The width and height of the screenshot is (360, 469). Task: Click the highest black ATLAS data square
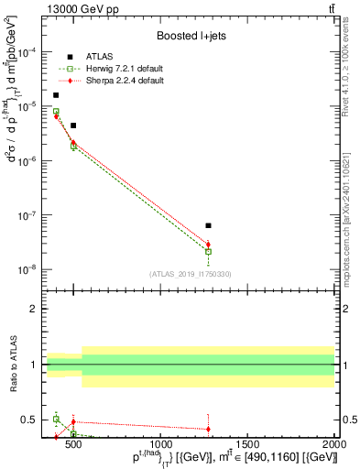(x=56, y=95)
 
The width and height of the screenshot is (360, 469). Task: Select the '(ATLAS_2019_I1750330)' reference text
(x=190, y=273)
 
